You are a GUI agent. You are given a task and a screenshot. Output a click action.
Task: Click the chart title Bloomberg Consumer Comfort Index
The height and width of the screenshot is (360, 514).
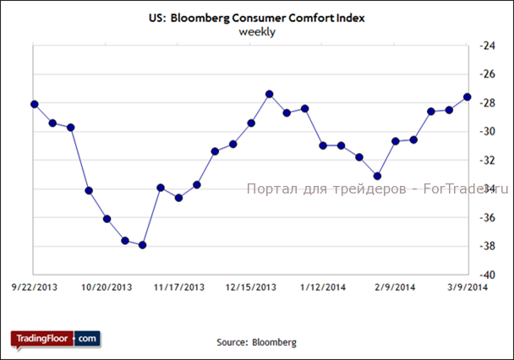(x=256, y=18)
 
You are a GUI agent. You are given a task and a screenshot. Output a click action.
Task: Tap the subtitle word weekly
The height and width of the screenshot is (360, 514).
(x=257, y=32)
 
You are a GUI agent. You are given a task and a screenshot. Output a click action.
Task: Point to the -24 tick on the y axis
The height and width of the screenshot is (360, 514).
(x=488, y=46)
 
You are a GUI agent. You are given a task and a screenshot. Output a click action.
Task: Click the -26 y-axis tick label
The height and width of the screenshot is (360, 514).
(x=488, y=74)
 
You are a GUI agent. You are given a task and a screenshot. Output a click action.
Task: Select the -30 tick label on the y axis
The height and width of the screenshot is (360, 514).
(x=488, y=132)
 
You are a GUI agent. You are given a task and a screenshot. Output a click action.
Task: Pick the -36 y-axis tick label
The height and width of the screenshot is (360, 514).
(x=488, y=218)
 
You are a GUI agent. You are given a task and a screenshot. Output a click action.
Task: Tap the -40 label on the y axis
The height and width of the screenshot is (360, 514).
(x=488, y=275)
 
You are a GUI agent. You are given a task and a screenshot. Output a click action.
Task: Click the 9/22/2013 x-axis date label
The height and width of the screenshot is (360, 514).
(x=35, y=286)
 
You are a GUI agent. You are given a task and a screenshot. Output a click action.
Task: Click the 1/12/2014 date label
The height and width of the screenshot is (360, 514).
(x=322, y=286)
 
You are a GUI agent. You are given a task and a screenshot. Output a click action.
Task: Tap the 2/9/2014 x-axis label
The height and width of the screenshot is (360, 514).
(x=395, y=286)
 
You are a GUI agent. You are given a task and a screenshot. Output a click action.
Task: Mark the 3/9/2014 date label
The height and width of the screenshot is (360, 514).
(x=467, y=286)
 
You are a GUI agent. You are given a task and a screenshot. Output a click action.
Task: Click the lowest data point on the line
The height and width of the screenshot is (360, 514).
(x=143, y=245)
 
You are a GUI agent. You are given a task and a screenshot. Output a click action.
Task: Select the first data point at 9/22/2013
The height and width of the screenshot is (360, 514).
(x=35, y=104)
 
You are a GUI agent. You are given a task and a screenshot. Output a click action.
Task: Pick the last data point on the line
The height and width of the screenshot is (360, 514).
(x=468, y=97)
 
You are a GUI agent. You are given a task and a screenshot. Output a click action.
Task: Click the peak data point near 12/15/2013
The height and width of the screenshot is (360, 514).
(x=270, y=94)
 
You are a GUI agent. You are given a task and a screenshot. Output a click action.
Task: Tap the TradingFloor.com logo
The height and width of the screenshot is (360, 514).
(x=55, y=339)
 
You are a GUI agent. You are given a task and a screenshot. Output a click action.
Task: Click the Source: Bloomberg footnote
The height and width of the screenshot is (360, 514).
(x=258, y=342)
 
